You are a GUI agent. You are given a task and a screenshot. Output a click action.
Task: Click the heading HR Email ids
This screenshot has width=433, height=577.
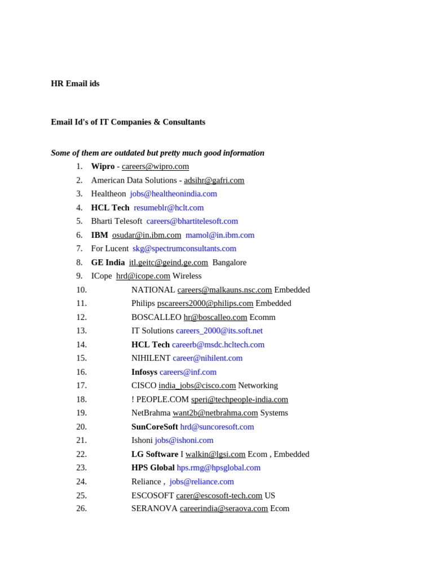pyautogui.click(x=75, y=83)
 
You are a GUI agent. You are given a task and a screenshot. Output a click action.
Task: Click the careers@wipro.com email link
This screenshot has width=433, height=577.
pyautogui.click(x=155, y=166)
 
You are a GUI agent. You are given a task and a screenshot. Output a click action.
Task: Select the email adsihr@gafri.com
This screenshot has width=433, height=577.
pyautogui.click(x=214, y=180)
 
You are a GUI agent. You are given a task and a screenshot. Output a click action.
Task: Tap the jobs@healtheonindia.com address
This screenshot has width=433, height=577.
pyautogui.click(x=173, y=194)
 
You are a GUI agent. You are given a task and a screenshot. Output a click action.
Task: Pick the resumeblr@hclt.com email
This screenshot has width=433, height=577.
pyautogui.click(x=169, y=207)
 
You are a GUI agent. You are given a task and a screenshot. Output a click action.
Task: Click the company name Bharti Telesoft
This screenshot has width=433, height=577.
pyautogui.click(x=117, y=221)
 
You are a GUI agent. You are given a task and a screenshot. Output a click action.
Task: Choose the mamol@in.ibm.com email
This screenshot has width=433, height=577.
pyautogui.click(x=220, y=235)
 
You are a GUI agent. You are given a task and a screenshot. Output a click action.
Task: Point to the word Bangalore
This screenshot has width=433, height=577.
pyautogui.click(x=229, y=263)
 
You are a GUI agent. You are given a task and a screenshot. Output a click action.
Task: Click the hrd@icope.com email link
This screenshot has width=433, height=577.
pyautogui.click(x=143, y=276)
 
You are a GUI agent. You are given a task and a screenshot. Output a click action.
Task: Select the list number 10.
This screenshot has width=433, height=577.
pyautogui.click(x=81, y=290)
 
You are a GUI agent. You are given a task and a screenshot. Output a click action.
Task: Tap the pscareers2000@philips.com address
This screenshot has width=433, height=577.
pyautogui.click(x=205, y=303)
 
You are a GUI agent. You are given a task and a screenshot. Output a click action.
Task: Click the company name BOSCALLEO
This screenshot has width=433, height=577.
pyautogui.click(x=156, y=317)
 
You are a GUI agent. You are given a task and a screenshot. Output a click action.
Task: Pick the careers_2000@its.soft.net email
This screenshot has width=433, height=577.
pyautogui.click(x=219, y=331)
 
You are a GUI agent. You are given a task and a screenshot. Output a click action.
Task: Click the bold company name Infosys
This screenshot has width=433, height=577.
pyautogui.click(x=144, y=372)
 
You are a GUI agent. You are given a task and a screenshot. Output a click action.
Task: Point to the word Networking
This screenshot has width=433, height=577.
pyautogui.click(x=258, y=385)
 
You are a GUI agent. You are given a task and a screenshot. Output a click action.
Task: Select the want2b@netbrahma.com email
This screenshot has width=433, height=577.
pyautogui.click(x=215, y=413)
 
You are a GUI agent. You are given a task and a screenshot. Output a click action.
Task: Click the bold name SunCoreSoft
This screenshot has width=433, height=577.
pyautogui.click(x=154, y=427)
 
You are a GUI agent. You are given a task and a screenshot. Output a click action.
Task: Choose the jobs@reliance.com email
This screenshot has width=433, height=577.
pyautogui.click(x=201, y=482)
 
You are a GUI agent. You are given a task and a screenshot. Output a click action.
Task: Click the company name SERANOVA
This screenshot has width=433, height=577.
pyautogui.click(x=154, y=508)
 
